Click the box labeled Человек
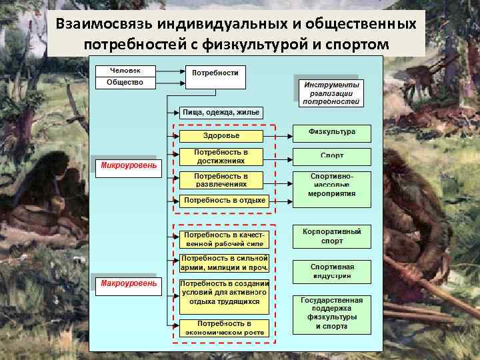(125, 71)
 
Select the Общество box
(125, 83)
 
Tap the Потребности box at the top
(215, 77)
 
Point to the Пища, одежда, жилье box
(219, 112)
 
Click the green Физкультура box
(331, 133)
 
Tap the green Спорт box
(331, 156)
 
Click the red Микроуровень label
(129, 165)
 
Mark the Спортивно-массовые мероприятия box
(331, 185)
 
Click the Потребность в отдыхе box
(224, 200)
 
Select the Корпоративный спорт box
(331, 236)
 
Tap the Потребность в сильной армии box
(224, 263)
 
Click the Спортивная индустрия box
(331, 271)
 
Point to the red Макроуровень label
(129, 283)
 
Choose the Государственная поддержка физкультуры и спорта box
(331, 313)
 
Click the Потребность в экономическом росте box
(224, 327)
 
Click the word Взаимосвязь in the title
(104, 24)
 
